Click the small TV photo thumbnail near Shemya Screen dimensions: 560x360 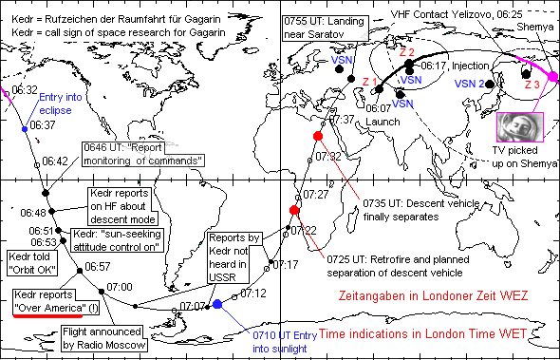[517, 124]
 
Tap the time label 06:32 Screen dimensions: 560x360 [25, 89]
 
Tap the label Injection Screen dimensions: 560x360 [470, 67]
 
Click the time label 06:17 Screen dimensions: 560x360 [433, 66]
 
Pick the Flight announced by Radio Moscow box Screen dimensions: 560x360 [103, 339]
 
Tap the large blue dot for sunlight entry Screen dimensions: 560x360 [217, 304]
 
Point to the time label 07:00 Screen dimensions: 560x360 [120, 286]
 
